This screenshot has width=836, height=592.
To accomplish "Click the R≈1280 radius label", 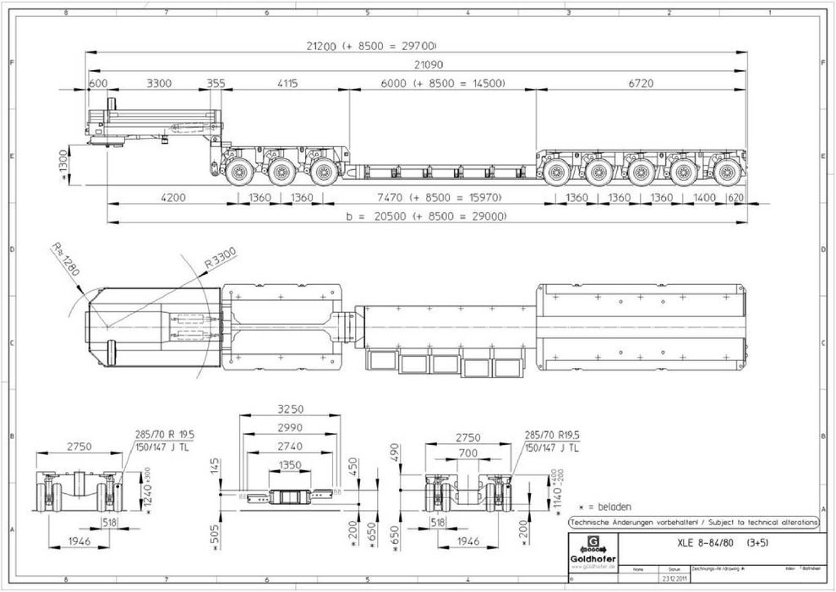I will (64, 260).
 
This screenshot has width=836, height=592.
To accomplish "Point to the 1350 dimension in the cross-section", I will (290, 464).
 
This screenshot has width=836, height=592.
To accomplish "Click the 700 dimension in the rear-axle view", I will (467, 454).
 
